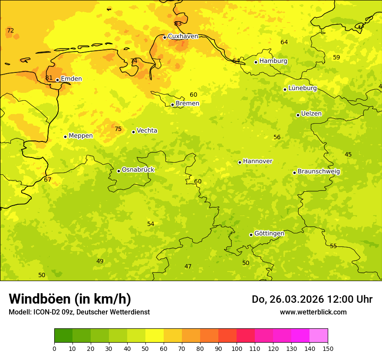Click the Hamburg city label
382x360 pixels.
(x=273, y=61)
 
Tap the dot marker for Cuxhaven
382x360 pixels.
(x=165, y=37)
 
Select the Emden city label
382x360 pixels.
(x=71, y=79)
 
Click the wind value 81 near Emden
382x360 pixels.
(x=49, y=78)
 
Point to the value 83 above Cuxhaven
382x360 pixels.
(x=178, y=24)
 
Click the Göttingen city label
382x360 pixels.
(x=269, y=233)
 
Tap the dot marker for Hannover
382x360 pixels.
(x=240, y=162)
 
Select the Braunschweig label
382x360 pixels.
(x=319, y=172)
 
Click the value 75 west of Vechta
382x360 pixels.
(x=118, y=129)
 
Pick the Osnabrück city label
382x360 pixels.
(x=138, y=170)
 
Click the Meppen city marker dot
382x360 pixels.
(x=66, y=137)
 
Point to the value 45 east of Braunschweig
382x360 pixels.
(x=348, y=154)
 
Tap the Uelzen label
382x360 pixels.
(x=311, y=114)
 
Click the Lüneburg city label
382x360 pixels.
(x=302, y=88)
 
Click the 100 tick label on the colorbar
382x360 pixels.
(x=237, y=349)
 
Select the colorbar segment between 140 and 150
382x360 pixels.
(x=319, y=336)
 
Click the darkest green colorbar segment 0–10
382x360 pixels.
(x=63, y=336)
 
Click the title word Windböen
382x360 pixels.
(x=40, y=299)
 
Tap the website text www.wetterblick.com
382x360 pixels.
(x=313, y=312)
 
